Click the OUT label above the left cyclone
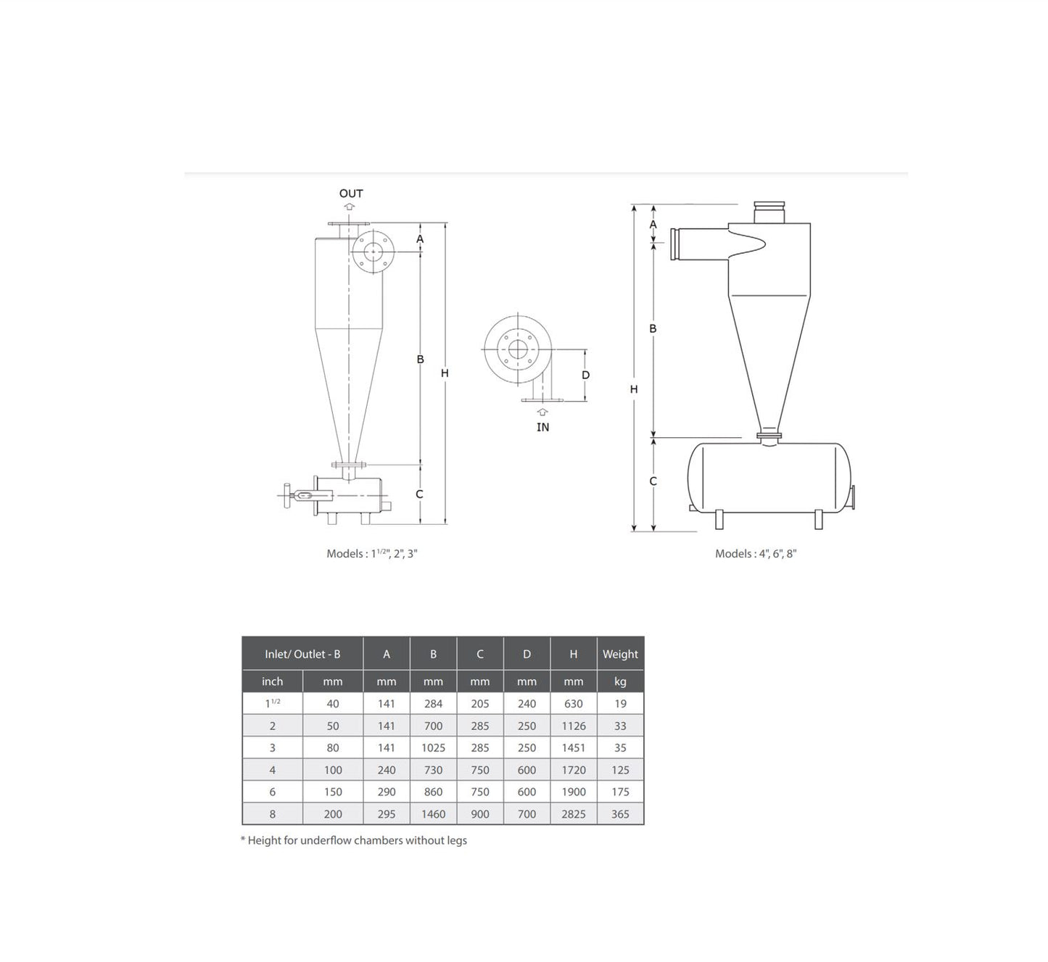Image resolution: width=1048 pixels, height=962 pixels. pos(351,194)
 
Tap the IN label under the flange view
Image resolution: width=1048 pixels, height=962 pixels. pos(542,427)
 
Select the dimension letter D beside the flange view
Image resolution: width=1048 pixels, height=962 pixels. pos(585,375)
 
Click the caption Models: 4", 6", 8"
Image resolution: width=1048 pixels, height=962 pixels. pos(756,553)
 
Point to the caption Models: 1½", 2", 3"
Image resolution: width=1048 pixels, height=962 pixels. pos(371,553)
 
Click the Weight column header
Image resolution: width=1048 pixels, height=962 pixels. pos(620,654)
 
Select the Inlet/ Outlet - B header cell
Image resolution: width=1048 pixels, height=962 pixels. pos(302,654)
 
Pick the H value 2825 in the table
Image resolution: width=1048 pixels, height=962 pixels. pos(573,814)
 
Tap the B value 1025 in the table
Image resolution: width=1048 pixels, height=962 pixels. pos(433,747)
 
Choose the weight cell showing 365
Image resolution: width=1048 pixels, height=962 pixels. pos(620,814)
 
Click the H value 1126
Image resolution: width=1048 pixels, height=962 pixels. pos(573,726)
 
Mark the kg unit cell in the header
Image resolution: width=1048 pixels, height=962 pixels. pos(620,681)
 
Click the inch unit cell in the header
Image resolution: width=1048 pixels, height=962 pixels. pos(272,681)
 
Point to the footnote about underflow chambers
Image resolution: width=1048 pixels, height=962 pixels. pos(354,840)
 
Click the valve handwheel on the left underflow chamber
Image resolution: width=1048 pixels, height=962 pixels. pos(287,496)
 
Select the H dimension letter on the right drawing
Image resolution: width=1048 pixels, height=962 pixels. pos(633,389)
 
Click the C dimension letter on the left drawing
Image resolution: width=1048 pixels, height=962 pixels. pos(419,494)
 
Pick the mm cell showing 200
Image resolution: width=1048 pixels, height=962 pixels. pos(333,814)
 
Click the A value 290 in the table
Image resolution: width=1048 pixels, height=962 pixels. pos(386,792)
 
